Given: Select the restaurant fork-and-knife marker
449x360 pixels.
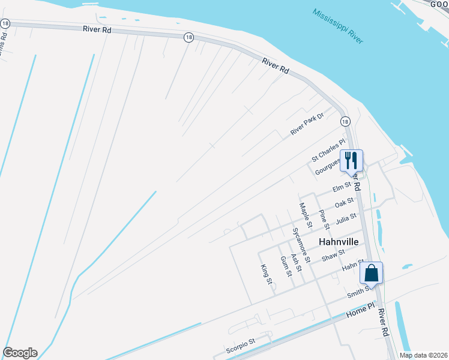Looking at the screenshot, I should click(352, 160).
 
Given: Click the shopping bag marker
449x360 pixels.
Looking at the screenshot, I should click(372, 273).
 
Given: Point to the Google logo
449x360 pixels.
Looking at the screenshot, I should click(20, 353).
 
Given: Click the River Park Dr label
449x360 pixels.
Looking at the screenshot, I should click(307, 124).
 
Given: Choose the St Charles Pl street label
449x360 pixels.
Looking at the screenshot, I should click(328, 151).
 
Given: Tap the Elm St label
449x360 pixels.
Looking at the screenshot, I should click(342, 188).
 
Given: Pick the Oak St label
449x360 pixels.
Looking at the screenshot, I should click(345, 204).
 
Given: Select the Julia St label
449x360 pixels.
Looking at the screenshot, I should click(346, 218).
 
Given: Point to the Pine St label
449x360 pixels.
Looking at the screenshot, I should click(324, 220).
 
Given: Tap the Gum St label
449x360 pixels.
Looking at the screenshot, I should click(286, 266).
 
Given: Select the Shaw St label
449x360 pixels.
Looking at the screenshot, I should click(333, 256).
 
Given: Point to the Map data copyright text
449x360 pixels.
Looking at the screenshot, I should click(423, 355).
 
